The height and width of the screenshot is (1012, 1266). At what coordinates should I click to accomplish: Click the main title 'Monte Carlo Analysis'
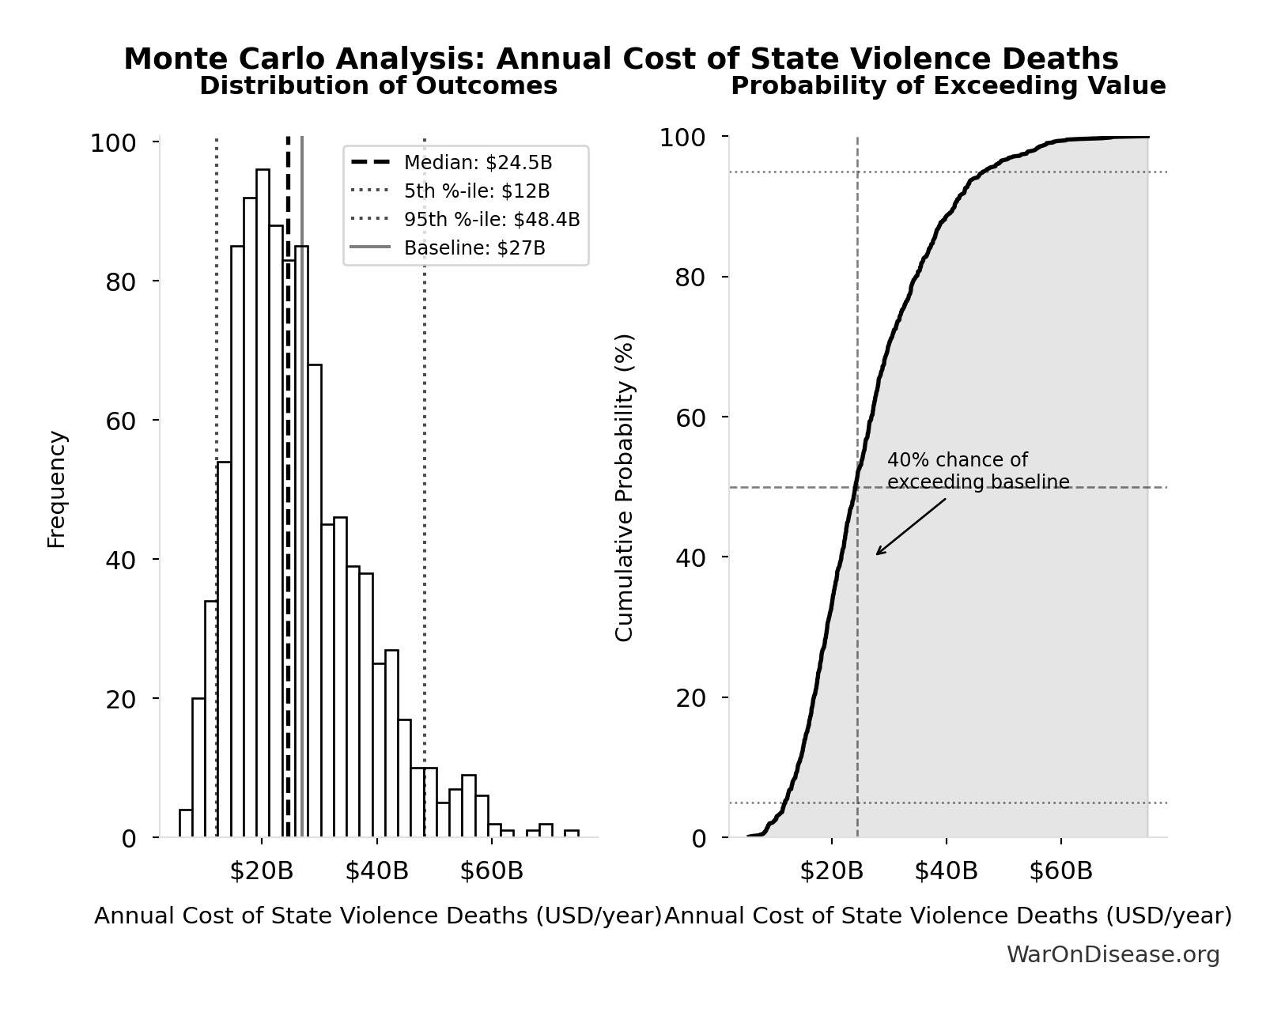(621, 59)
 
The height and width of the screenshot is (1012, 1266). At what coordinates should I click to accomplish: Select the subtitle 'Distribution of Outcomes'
(378, 85)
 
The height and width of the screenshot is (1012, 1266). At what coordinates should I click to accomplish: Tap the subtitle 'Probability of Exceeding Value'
(947, 85)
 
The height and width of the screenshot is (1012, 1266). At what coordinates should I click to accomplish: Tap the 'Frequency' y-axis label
(57, 489)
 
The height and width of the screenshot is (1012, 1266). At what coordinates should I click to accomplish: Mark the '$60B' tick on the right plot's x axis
(1060, 870)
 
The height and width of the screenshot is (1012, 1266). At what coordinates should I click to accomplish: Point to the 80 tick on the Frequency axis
(121, 281)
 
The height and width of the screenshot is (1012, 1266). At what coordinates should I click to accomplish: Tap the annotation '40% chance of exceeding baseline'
(977, 471)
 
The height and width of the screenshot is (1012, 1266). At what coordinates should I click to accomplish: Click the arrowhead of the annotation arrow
(878, 553)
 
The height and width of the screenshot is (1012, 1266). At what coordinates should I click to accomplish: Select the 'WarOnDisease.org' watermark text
(1112, 954)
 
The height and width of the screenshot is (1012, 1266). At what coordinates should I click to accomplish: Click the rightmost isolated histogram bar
(571, 833)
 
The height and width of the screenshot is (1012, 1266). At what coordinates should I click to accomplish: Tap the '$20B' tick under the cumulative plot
(831, 870)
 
